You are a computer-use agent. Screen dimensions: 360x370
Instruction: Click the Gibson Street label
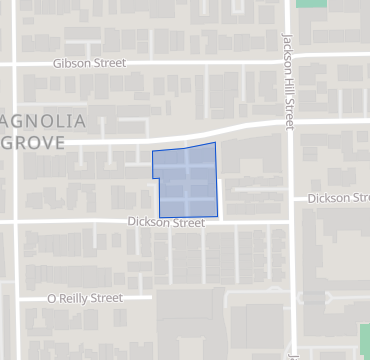tap(90, 63)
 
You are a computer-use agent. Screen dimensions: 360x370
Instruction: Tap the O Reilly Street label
tap(85, 298)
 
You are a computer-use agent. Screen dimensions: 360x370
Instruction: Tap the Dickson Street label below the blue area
tap(166, 222)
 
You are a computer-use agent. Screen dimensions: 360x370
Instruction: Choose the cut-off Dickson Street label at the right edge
tap(338, 198)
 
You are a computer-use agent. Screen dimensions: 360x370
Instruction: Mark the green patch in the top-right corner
tap(313, 4)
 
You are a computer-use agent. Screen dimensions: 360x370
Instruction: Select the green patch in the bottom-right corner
tap(364, 338)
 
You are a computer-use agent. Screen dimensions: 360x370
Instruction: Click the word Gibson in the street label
tap(74, 63)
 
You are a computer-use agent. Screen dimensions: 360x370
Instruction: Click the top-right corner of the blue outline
tap(215, 142)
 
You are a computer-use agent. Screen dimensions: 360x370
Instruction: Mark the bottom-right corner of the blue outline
tap(218, 215)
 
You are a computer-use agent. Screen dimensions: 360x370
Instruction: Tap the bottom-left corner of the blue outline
tap(159, 217)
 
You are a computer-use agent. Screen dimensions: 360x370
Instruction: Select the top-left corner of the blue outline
tap(152, 152)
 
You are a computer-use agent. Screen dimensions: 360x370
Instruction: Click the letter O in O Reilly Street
tap(52, 298)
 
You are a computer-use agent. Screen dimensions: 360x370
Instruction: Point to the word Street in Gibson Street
tap(110, 63)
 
